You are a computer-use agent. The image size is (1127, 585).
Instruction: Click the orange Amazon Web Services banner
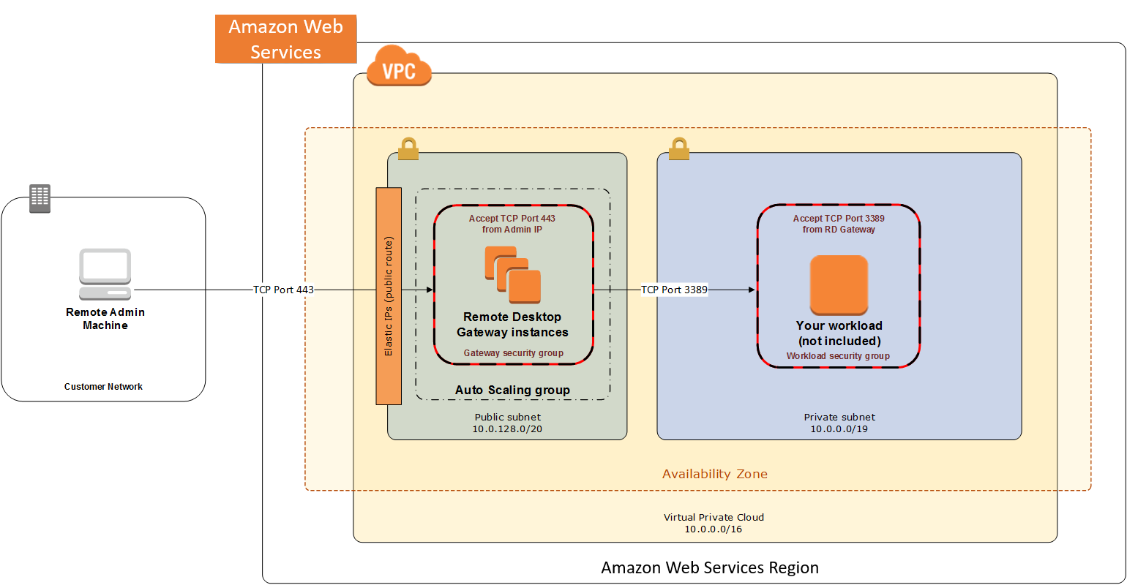tap(285, 39)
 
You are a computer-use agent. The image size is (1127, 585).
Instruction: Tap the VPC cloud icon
tap(399, 68)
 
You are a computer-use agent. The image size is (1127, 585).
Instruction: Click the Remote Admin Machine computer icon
tap(105, 274)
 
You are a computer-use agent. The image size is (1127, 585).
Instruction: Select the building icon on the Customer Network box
tap(40, 198)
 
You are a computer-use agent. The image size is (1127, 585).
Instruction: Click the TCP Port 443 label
tap(283, 290)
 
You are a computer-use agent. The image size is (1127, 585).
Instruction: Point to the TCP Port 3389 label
tap(674, 290)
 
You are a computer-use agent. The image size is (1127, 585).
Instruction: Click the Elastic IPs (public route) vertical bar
tap(389, 296)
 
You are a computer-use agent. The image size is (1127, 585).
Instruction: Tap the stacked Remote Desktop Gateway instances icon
tap(512, 275)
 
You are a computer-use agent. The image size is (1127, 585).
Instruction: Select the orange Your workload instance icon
tap(839, 284)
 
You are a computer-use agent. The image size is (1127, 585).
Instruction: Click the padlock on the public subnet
tap(408, 149)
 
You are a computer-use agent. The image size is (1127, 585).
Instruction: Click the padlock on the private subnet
tap(679, 149)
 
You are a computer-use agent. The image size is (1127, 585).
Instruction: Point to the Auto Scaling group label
tap(512, 390)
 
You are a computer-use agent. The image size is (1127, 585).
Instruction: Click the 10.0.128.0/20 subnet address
tap(507, 429)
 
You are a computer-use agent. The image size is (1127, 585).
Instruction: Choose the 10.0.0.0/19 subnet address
tap(839, 429)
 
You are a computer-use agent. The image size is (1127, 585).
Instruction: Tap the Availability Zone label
tap(715, 474)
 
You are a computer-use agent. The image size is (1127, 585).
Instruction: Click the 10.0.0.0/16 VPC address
tap(713, 529)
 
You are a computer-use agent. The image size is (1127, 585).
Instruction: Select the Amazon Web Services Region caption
tap(710, 567)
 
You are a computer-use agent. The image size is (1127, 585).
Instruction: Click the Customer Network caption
tap(103, 387)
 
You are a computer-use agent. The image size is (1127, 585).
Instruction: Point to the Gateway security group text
tap(513, 353)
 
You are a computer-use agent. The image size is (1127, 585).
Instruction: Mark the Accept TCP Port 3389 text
tap(839, 219)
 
